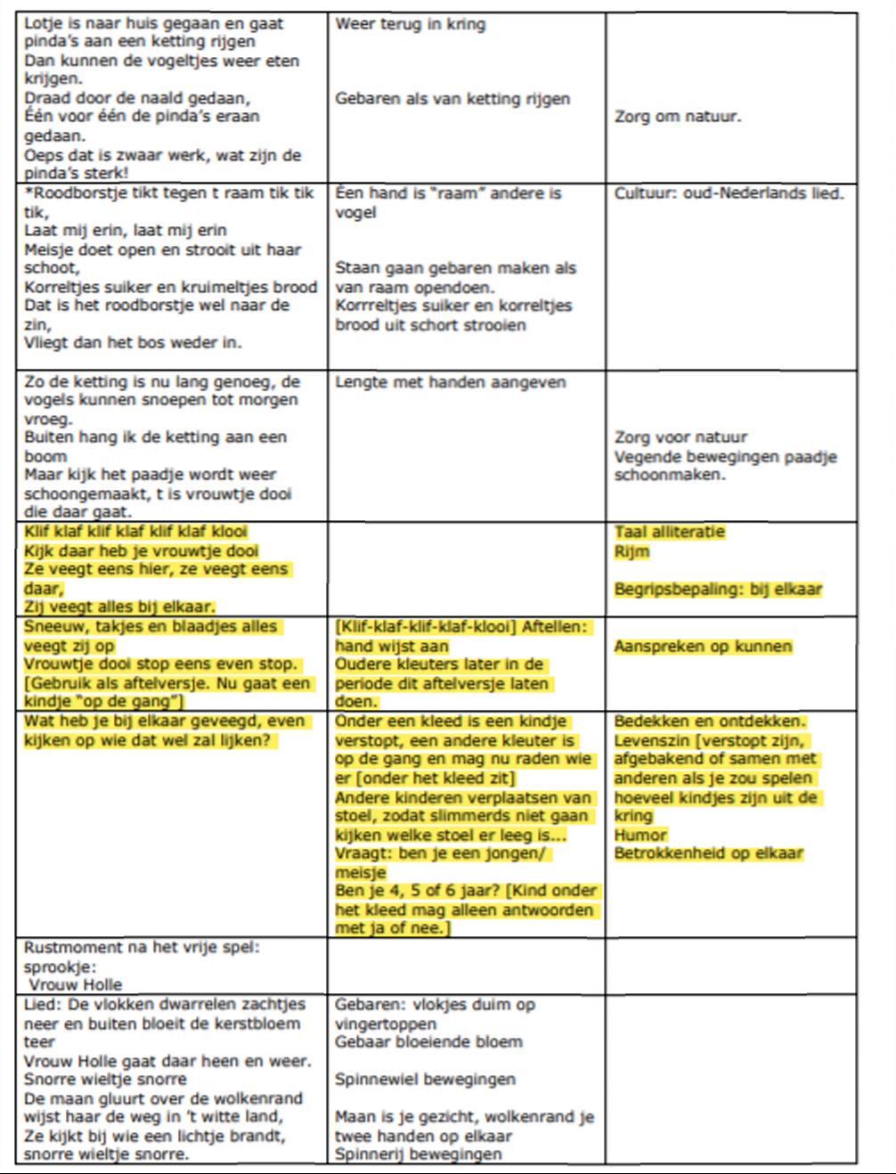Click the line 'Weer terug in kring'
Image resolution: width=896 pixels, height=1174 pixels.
(x=410, y=24)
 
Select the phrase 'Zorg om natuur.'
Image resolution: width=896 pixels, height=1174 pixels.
(x=677, y=117)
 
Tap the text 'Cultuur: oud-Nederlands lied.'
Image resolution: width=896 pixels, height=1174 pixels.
(x=729, y=193)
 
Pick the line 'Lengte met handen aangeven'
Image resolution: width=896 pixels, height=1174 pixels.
(x=450, y=382)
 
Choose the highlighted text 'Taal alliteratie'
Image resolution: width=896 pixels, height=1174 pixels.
(x=670, y=533)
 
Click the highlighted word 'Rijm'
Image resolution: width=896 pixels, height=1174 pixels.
(x=631, y=552)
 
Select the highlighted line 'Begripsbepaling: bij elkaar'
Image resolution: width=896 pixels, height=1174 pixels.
(x=718, y=590)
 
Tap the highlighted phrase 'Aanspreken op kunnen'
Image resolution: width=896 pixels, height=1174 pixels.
(x=703, y=647)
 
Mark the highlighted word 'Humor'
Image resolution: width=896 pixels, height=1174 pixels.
(x=639, y=835)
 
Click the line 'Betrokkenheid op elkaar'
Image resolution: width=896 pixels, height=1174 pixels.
(x=708, y=853)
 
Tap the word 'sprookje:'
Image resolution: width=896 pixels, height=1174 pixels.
(x=60, y=966)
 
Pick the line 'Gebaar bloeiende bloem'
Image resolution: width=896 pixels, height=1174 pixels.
(x=428, y=1042)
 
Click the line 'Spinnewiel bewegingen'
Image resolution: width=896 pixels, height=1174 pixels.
(x=425, y=1080)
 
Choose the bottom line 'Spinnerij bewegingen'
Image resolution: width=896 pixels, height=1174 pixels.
(x=418, y=1154)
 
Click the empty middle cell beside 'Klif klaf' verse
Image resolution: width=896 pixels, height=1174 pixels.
(x=466, y=570)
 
